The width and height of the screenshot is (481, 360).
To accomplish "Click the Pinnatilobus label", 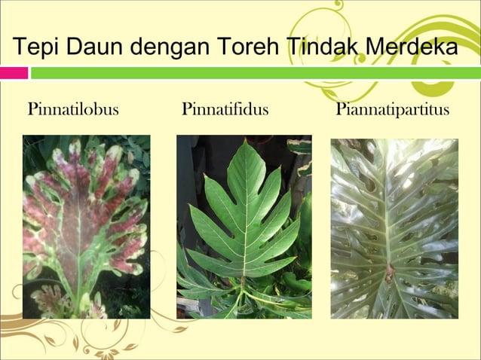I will pyautogui.click(x=73, y=110).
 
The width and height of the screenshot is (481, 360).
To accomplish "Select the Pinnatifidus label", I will pyautogui.click(x=225, y=110).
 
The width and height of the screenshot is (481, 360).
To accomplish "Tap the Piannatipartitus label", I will pyautogui.click(x=392, y=110).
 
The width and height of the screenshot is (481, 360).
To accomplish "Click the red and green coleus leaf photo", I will pyautogui.click(x=86, y=226).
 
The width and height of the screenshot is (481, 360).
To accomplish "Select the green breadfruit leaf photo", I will pyautogui.click(x=244, y=226).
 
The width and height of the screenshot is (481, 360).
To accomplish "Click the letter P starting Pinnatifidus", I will pyautogui.click(x=186, y=110).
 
